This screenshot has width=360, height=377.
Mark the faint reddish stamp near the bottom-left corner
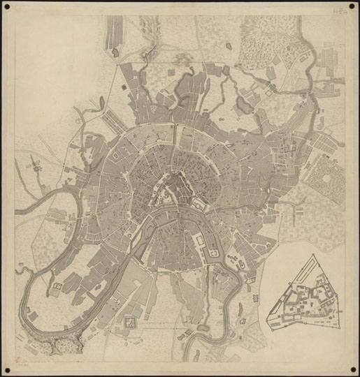point(19,363)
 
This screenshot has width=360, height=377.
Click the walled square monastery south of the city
point(130,322)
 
